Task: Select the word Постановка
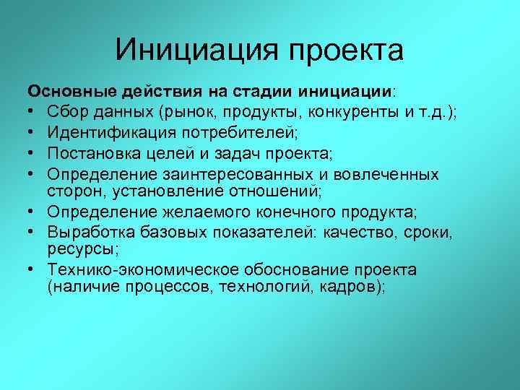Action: coord(91,153)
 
